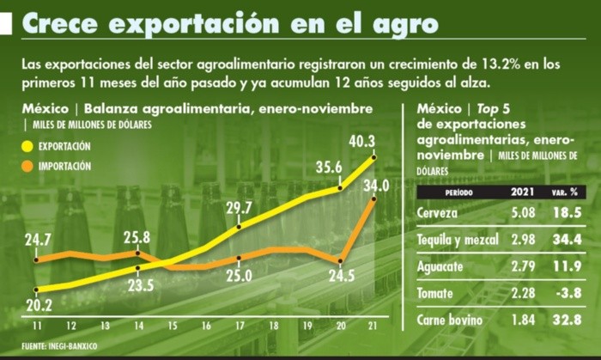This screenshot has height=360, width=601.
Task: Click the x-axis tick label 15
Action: (x=172, y=327)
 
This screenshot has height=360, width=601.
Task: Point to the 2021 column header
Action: (x=525, y=192)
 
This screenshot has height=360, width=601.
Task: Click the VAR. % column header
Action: (x=562, y=192)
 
